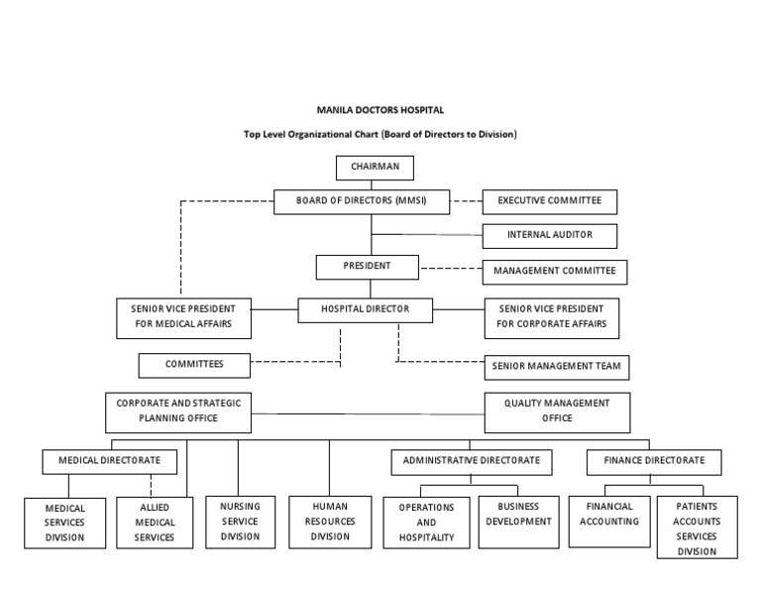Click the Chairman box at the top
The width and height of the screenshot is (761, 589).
click(375, 168)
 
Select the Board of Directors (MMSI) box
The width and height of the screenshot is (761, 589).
click(361, 201)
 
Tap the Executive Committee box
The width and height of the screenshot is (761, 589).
click(549, 201)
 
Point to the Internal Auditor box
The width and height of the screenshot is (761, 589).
click(549, 236)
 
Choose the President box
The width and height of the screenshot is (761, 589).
click(368, 267)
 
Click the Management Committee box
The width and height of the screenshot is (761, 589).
click(554, 271)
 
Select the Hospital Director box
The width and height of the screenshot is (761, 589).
click(365, 310)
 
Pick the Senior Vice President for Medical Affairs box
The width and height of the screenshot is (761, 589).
click(183, 317)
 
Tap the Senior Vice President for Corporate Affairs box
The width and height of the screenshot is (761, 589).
click(551, 317)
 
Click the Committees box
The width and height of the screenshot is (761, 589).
click(194, 365)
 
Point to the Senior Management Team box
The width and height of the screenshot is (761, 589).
click(556, 367)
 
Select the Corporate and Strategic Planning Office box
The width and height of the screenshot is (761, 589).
click(178, 412)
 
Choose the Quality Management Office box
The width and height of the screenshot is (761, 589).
click(557, 412)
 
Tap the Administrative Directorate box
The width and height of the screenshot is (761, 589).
click(471, 461)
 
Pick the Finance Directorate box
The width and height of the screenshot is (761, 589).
click(647, 461)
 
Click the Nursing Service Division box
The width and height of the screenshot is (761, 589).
click(240, 522)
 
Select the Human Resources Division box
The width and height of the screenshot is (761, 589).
click(330, 522)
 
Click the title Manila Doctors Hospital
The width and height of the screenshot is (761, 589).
click(380, 110)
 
